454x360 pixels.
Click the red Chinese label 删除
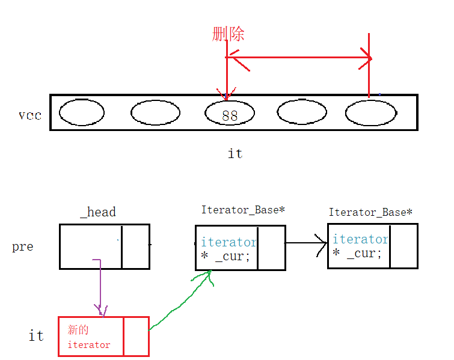229,34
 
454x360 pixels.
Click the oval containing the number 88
230,114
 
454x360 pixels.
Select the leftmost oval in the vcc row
82,112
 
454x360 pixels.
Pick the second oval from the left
155,112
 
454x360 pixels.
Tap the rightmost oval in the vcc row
371,112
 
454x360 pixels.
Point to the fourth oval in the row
302,112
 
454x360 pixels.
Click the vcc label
30,115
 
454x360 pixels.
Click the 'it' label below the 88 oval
235,154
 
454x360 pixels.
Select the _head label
98,212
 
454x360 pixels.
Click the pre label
23,247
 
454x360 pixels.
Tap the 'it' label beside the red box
36,335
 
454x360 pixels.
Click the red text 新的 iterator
89,337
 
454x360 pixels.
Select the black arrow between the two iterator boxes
306,243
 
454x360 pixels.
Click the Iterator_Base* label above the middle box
243,210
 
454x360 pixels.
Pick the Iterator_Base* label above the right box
370,212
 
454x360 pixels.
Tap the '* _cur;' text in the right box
357,253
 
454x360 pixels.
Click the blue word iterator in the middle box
229,242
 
